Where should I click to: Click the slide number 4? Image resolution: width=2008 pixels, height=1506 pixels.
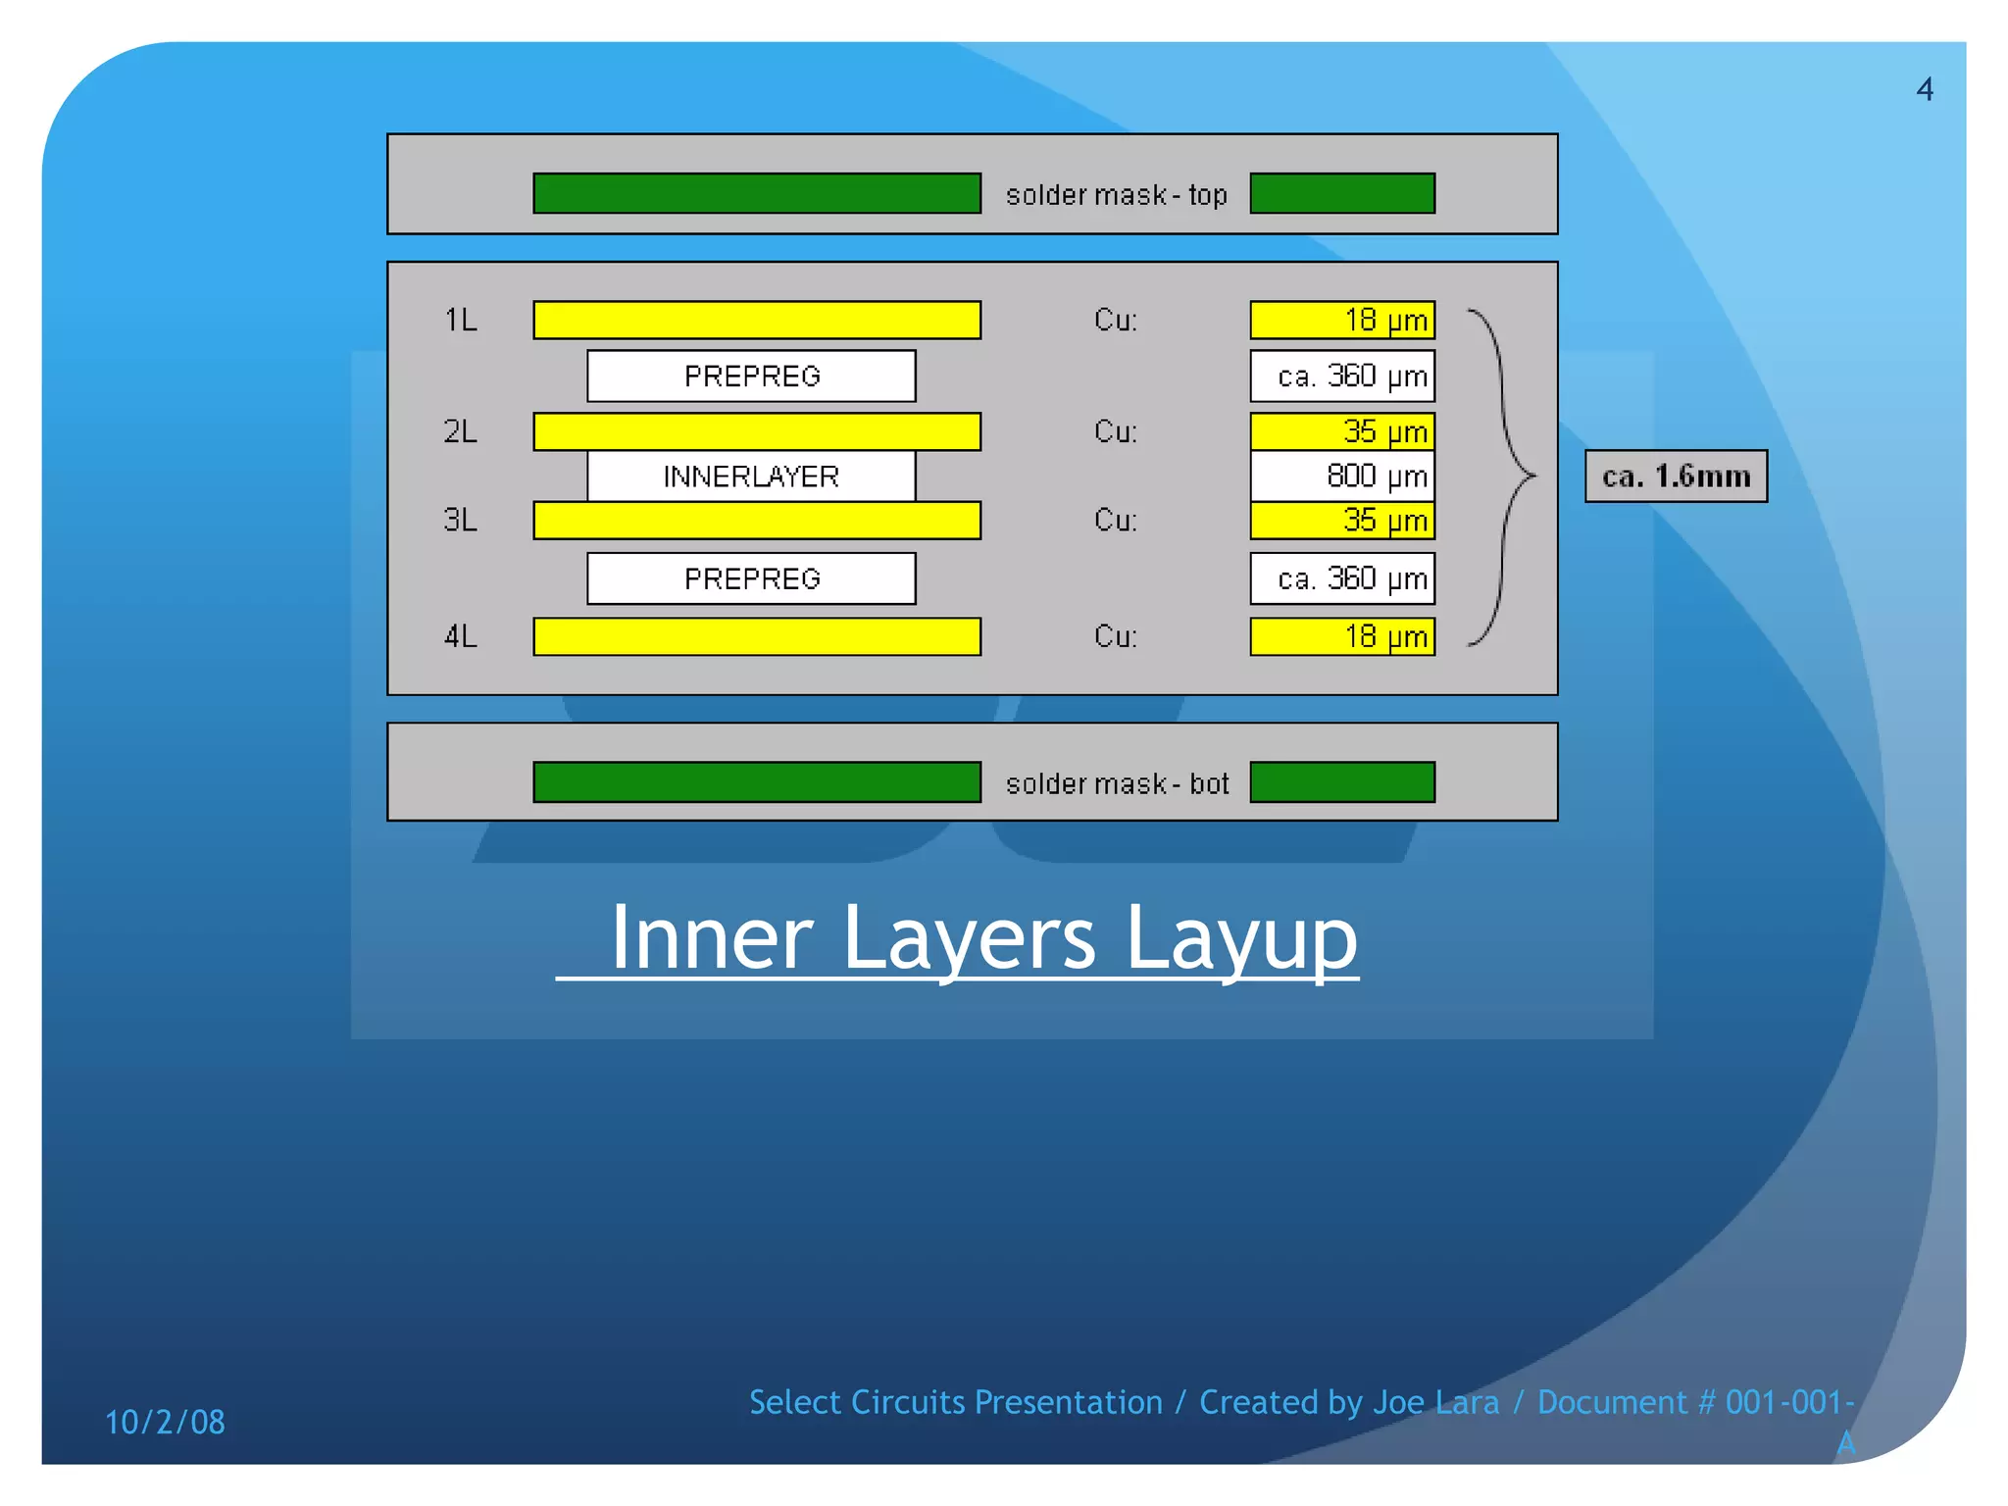point(1925,90)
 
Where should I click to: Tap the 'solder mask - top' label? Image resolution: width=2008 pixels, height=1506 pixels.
point(1116,195)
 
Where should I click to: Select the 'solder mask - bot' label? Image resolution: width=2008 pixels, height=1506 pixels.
point(1117,783)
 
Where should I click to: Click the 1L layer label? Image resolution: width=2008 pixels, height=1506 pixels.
point(461,320)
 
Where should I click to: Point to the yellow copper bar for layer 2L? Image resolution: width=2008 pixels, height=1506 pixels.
point(756,431)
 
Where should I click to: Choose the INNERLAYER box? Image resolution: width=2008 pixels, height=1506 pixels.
point(751,477)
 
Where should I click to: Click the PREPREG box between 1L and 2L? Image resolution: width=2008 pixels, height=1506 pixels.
point(751,376)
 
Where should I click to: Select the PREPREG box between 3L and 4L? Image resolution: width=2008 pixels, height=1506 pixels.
point(751,578)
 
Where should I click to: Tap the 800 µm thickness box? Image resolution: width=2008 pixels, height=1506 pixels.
point(1342,477)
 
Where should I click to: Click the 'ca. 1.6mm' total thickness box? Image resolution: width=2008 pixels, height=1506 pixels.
point(1676,477)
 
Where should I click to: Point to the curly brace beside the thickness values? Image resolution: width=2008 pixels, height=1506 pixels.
point(1505,477)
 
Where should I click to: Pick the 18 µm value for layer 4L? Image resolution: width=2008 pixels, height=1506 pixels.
point(1342,636)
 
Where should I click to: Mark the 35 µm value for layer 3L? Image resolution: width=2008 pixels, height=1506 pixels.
point(1342,521)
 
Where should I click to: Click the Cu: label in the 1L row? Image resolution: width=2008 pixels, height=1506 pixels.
point(1116,320)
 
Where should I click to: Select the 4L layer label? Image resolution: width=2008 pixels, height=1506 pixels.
point(461,636)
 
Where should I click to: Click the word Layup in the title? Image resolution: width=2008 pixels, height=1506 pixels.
point(1240,938)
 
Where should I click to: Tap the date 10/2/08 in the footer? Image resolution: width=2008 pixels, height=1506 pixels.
point(165,1422)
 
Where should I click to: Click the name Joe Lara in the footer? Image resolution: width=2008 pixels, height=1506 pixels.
point(1435,1402)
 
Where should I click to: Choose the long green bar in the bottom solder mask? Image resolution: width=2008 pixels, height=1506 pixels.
point(756,782)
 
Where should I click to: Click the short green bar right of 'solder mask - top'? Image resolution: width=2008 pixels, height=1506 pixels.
point(1342,193)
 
